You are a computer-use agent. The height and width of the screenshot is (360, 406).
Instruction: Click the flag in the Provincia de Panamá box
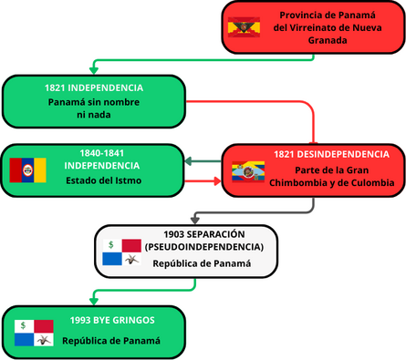click(x=245, y=27)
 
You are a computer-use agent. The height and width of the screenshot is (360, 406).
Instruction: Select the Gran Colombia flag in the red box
click(x=247, y=171)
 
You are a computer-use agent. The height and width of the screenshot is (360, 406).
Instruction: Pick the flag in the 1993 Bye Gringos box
click(x=34, y=333)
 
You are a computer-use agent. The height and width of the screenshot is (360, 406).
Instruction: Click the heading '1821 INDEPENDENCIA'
click(x=96, y=87)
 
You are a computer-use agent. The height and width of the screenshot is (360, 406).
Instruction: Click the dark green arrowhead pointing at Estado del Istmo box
click(x=188, y=161)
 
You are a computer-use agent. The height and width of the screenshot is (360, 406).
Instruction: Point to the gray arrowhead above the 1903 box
click(x=194, y=219)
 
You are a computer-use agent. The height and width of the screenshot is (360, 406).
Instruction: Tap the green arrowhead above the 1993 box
click(x=92, y=301)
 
